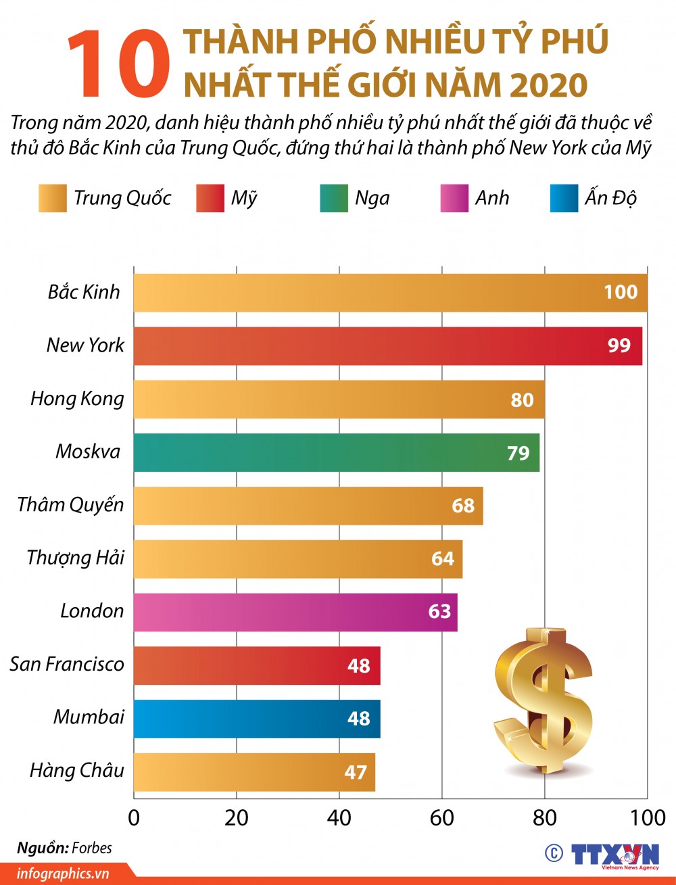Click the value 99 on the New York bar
(x=619, y=345)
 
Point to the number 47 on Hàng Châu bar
(x=356, y=772)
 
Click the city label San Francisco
(x=67, y=664)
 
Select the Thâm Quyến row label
(x=70, y=504)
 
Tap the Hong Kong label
(x=77, y=398)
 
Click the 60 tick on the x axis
(x=441, y=818)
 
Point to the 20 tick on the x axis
(x=237, y=818)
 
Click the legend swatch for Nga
(x=334, y=198)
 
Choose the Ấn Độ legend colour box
(x=564, y=198)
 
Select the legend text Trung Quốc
(x=122, y=198)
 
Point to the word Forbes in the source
(x=92, y=848)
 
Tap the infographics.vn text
(x=63, y=874)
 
